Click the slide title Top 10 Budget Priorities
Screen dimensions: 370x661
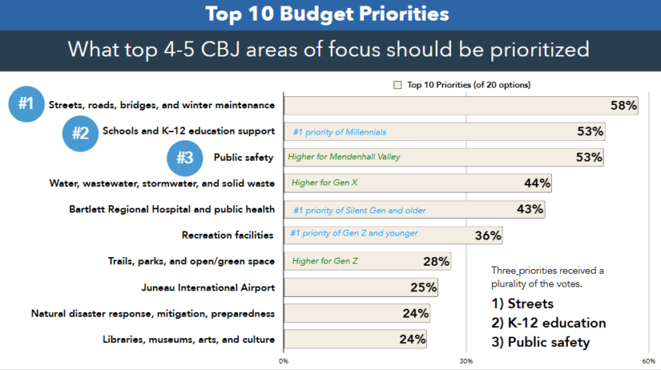pyautogui.click(x=327, y=14)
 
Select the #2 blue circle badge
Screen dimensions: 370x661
pyautogui.click(x=80, y=132)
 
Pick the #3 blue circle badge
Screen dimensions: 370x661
pyautogui.click(x=185, y=158)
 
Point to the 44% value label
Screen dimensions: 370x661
pyautogui.click(x=537, y=183)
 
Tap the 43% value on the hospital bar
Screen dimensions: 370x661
pyautogui.click(x=530, y=209)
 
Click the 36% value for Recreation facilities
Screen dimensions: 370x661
pyautogui.click(x=487, y=236)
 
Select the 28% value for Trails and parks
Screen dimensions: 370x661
pyautogui.click(x=436, y=261)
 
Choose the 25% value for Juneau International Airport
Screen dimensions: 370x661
pyautogui.click(x=424, y=287)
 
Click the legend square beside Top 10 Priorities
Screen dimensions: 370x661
pyautogui.click(x=397, y=84)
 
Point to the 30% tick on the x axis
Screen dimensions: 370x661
pyautogui.click(x=467, y=360)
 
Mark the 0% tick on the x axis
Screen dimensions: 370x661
pyautogui.click(x=284, y=360)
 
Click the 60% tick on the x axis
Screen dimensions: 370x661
pyautogui.click(x=650, y=360)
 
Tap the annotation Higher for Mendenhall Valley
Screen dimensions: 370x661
pyautogui.click(x=344, y=157)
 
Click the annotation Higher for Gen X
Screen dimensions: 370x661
pyautogui.click(x=324, y=182)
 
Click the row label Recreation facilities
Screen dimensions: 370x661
pyautogui.click(x=228, y=236)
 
